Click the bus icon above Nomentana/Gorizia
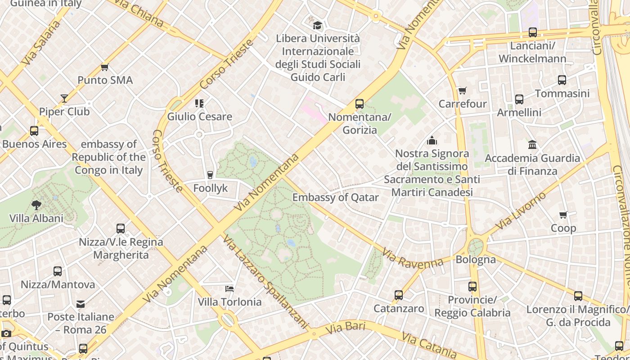[359, 104]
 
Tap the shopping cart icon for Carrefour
[462, 90]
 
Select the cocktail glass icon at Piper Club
[64, 98]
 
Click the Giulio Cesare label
[200, 117]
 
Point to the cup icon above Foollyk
[210, 175]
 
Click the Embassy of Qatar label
[335, 198]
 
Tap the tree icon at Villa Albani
[36, 205]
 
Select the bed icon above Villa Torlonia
[229, 288]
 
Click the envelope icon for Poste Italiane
[81, 304]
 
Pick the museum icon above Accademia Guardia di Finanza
[532, 144]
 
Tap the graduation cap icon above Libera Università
[318, 25]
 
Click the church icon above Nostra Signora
[432, 140]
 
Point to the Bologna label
[476, 260]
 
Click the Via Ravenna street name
[413, 259]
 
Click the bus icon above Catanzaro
[399, 295]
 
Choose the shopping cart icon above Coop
[563, 215]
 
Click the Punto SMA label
[105, 81]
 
